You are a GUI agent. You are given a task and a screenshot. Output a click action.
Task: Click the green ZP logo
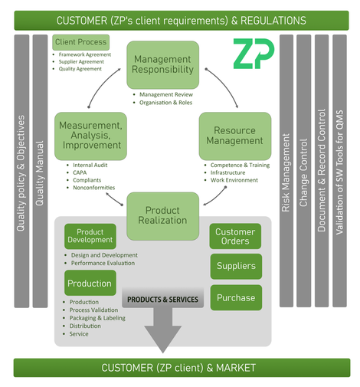253,54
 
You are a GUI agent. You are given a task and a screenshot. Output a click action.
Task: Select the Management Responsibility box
162,65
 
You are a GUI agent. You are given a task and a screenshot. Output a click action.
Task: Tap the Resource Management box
235,136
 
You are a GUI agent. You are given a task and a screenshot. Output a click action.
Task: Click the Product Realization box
162,216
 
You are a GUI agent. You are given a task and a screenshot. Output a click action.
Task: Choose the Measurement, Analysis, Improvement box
90,136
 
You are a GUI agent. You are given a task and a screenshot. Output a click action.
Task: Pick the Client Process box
80,42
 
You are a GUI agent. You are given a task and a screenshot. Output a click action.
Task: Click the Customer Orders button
235,236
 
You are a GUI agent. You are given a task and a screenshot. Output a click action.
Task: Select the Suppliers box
236,266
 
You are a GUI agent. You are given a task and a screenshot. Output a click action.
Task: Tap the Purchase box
236,297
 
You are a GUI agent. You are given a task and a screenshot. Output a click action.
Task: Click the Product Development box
90,236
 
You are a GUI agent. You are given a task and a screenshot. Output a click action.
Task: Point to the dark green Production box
90,283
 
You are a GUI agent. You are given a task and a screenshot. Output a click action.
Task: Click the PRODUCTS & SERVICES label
162,299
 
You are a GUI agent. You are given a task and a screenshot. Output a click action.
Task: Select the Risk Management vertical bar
286,171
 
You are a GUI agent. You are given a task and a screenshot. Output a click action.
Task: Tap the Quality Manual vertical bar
40,171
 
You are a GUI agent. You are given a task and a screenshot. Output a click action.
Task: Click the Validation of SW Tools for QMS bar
339,171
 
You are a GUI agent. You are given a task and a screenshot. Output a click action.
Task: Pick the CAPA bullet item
80,172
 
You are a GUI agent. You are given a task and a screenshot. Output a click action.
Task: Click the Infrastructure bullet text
227,172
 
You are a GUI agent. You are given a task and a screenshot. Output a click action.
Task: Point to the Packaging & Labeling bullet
97,318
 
